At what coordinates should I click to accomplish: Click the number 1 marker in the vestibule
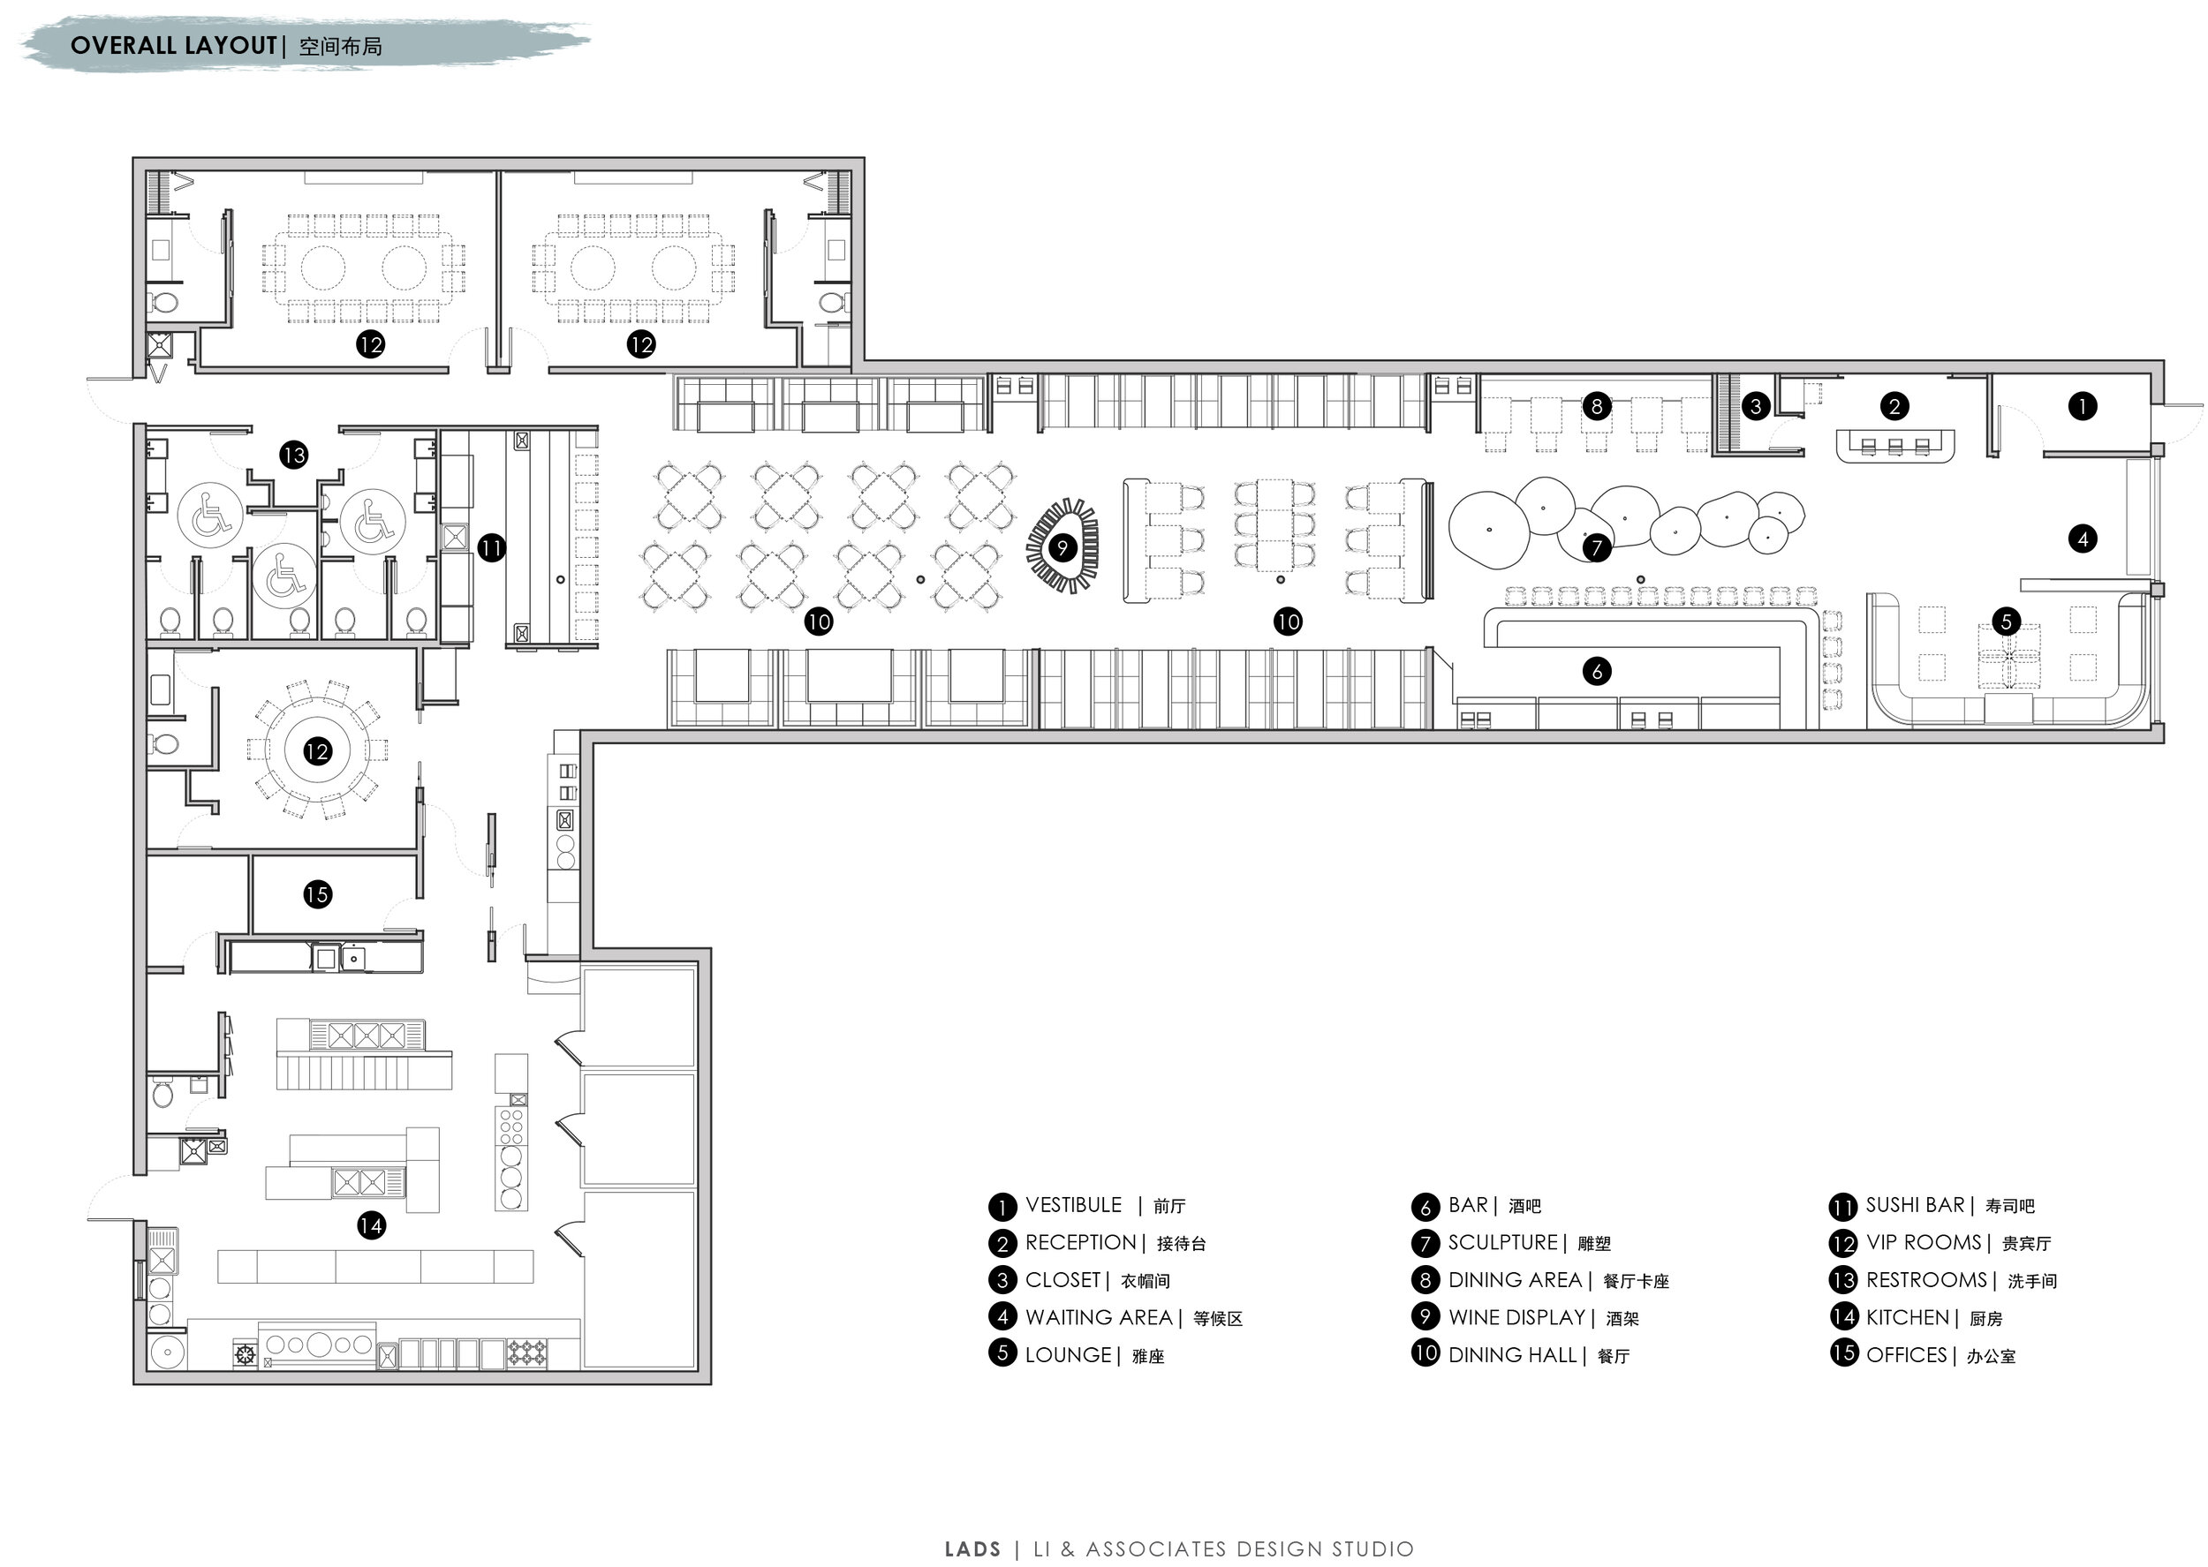click(2082, 406)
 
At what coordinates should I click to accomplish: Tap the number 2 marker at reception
click(1894, 406)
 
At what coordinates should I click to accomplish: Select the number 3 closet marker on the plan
click(1756, 406)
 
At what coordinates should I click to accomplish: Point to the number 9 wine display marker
click(1062, 548)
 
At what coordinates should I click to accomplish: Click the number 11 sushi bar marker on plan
click(491, 548)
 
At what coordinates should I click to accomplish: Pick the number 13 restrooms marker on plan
click(293, 455)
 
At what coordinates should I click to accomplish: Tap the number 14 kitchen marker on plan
click(371, 1225)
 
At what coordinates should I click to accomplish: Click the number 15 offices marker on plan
click(316, 894)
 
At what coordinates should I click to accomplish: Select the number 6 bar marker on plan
click(1596, 671)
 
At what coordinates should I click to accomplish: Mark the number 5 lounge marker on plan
click(2006, 621)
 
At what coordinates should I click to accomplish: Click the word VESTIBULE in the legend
click(1073, 1205)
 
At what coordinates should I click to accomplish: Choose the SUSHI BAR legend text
click(1915, 1205)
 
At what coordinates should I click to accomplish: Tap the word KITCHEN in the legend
click(1908, 1317)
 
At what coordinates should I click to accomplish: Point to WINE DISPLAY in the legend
click(1517, 1317)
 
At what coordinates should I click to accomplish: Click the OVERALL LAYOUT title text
click(174, 45)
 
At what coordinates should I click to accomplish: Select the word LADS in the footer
click(972, 1548)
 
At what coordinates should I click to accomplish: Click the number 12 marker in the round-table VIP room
click(316, 751)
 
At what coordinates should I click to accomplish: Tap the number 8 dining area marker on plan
click(1596, 406)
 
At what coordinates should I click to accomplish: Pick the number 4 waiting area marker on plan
click(2082, 539)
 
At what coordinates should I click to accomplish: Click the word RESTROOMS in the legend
click(1926, 1279)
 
